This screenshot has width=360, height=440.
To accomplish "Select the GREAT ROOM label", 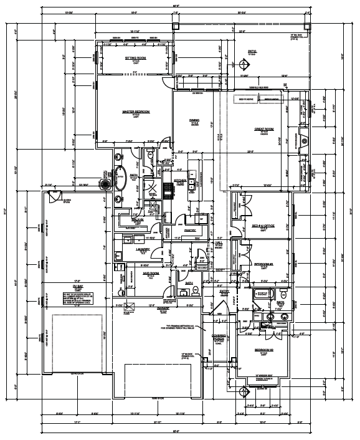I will pyautogui.click(x=265, y=128).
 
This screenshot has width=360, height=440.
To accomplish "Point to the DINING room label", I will pyautogui.click(x=194, y=120).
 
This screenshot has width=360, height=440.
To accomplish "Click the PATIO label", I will pyautogui.click(x=252, y=52).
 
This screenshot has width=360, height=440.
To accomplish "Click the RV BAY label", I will pyautogui.click(x=70, y=287).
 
